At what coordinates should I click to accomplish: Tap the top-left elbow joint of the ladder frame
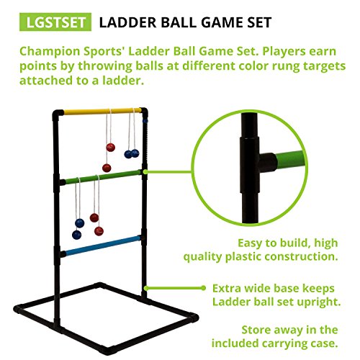click(57, 113)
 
